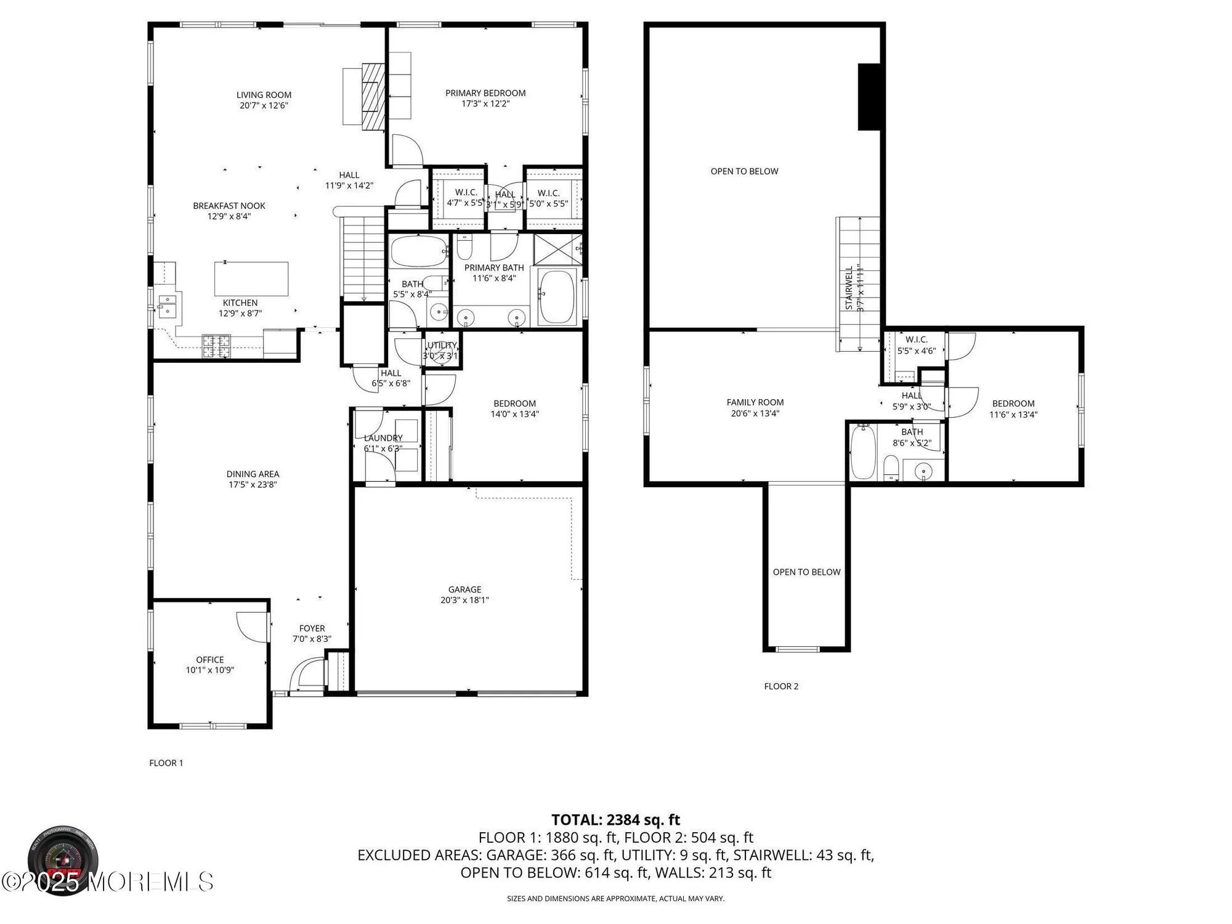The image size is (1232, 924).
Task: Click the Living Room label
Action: tap(264, 95)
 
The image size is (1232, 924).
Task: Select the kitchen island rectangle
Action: tap(251, 279)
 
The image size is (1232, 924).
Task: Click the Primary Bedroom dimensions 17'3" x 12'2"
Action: tap(485, 104)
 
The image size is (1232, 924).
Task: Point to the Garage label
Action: tap(464, 590)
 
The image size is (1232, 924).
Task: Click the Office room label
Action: tap(209, 660)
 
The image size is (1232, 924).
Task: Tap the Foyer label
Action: tap(312, 628)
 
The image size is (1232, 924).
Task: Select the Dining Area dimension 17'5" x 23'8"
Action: tap(253, 485)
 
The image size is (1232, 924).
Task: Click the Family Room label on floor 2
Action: tap(755, 402)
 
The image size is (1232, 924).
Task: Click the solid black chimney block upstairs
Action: tap(870, 97)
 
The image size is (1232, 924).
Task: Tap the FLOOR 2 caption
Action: tap(780, 686)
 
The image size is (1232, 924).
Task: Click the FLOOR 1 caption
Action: tap(166, 763)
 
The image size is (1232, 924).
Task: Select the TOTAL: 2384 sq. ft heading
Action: tap(615, 820)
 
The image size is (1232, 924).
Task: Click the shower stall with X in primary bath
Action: tap(556, 248)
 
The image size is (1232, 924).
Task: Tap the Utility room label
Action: tap(442, 346)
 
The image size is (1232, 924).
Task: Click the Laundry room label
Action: tap(383, 438)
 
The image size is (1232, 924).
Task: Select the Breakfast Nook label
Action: tap(229, 206)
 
